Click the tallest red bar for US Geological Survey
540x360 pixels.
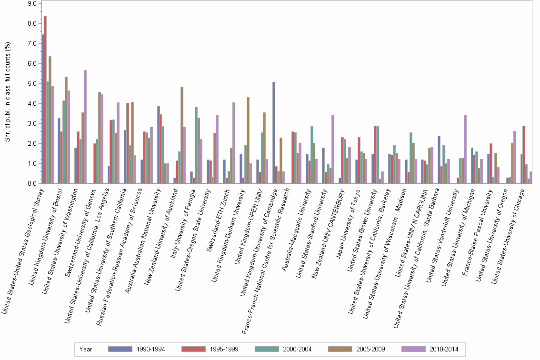coord(45,100)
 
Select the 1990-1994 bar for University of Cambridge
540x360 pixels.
coord(274,133)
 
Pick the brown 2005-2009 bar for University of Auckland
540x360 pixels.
coord(181,135)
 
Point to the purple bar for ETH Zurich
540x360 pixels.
coord(234,143)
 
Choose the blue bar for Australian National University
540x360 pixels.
coord(159,145)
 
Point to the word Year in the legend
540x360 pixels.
coord(86,349)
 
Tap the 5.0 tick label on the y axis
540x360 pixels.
coord(32,83)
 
